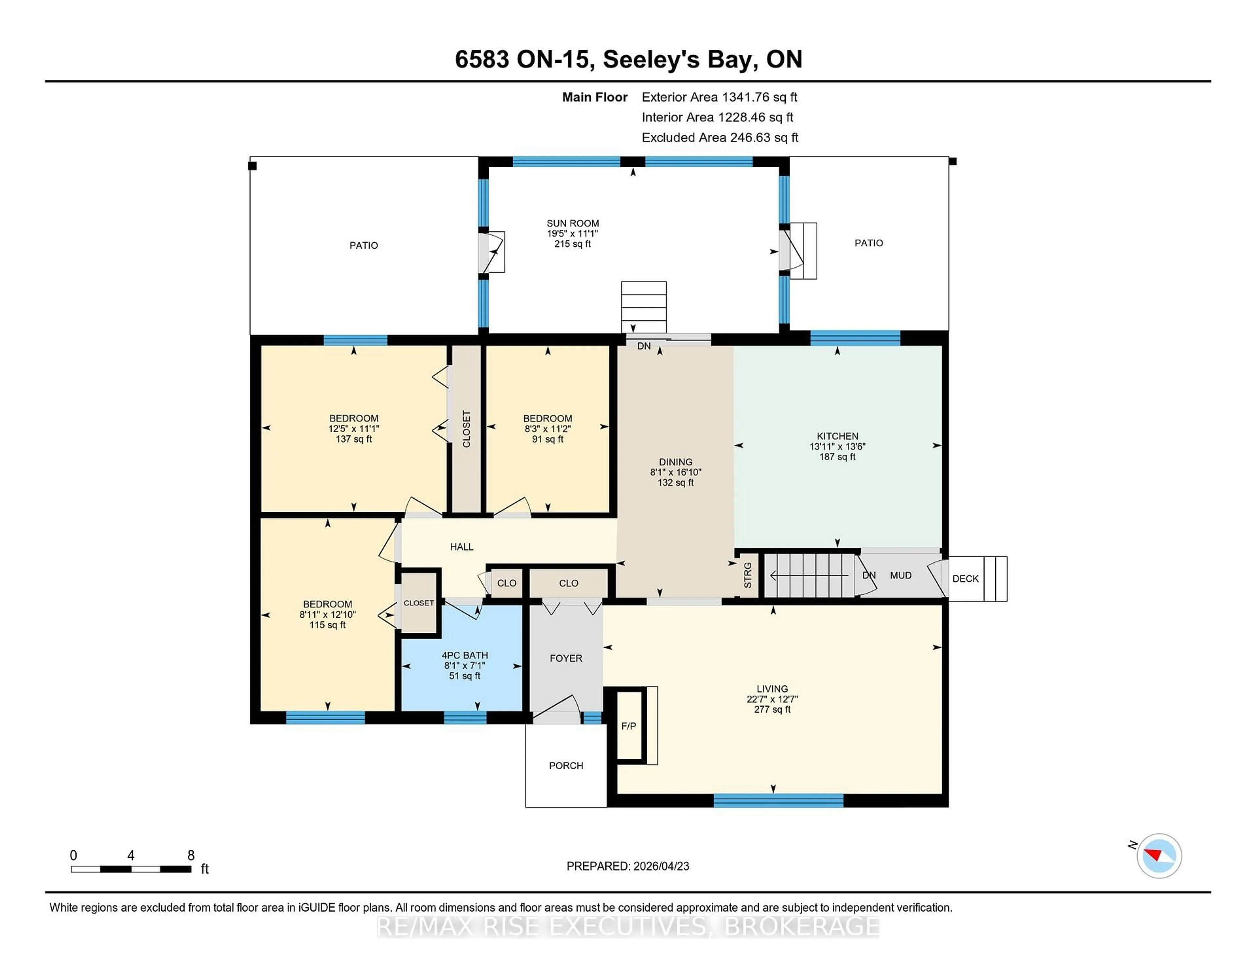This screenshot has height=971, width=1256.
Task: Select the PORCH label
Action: click(566, 766)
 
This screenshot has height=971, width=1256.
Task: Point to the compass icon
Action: click(1159, 856)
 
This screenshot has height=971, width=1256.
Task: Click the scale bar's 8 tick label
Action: click(191, 856)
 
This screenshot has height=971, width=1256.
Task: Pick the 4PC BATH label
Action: click(465, 655)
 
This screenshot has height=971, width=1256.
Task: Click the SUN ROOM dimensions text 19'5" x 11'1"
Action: click(572, 234)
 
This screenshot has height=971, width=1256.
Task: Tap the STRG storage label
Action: click(748, 575)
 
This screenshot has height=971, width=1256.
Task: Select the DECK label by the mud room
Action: click(965, 579)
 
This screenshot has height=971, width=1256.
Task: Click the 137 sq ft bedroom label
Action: click(354, 439)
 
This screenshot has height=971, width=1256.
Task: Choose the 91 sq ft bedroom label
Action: click(548, 439)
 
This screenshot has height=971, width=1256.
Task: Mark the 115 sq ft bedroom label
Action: click(327, 625)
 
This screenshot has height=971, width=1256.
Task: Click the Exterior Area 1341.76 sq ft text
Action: click(720, 97)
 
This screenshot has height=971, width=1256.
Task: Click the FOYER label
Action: click(566, 658)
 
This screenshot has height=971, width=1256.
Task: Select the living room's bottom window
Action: click(778, 800)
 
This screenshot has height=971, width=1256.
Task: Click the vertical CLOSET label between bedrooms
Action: click(466, 429)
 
